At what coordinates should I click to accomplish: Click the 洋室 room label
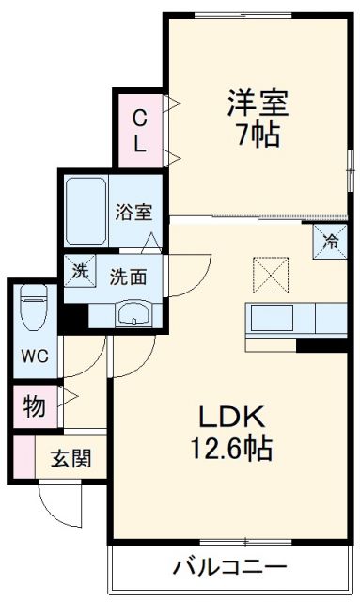pos(256,102)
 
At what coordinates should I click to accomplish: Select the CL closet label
pos(138,131)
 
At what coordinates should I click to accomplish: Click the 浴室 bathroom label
pos(133,213)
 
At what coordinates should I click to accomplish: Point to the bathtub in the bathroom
pos(87,213)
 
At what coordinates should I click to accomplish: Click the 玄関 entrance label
pos(70,460)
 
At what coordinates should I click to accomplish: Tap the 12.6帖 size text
pos(234,449)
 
